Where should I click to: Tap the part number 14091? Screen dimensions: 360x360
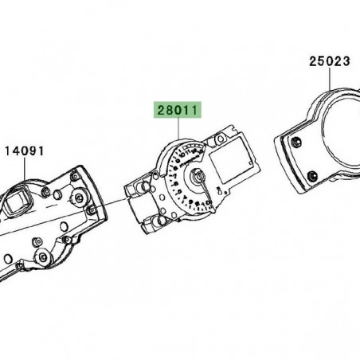coord(25,150)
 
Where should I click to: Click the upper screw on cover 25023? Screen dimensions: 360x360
coord(297,143)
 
